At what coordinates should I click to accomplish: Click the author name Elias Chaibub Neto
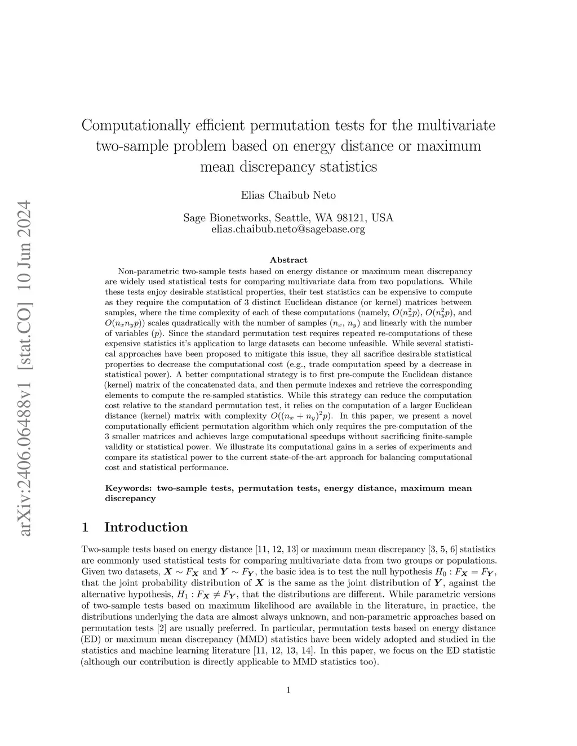tap(288, 195)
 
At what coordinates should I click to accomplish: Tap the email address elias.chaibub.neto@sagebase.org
tap(288, 229)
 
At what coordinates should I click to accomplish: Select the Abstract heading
tap(288, 260)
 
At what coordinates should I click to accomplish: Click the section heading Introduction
tap(146, 527)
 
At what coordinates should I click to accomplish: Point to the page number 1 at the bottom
tap(288, 690)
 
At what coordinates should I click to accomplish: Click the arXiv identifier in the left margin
tap(25, 366)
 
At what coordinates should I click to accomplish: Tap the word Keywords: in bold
tap(129, 488)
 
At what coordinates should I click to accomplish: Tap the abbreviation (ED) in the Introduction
tap(91, 639)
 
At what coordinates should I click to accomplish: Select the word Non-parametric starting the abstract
tap(143, 271)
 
